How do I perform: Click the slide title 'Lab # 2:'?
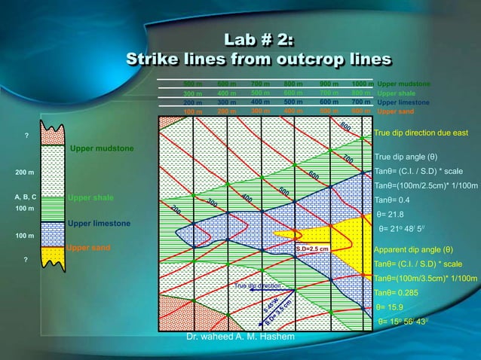(259, 39)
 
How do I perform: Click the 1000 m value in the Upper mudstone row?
(363, 83)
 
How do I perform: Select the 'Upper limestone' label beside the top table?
(403, 102)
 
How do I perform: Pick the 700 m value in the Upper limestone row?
(361, 102)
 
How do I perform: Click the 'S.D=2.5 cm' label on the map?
(311, 249)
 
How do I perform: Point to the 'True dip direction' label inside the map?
(258, 286)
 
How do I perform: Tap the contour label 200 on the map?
(176, 209)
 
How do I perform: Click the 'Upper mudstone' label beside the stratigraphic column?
(102, 148)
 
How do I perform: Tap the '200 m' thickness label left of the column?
(21, 172)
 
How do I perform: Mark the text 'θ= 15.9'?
(391, 307)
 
